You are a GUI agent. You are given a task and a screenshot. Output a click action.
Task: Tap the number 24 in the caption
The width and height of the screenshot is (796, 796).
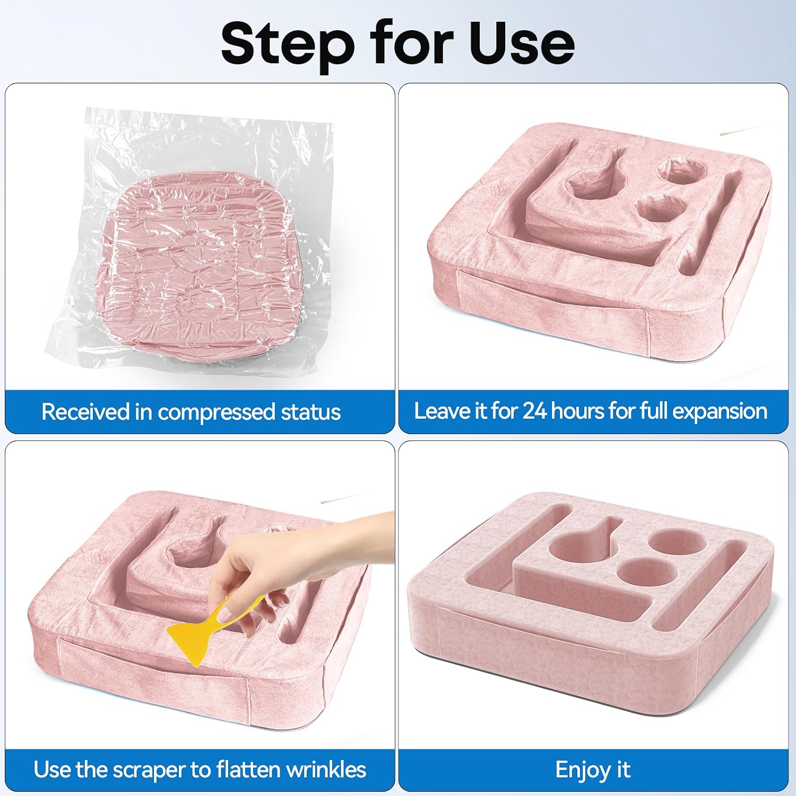pyautogui.click(x=535, y=411)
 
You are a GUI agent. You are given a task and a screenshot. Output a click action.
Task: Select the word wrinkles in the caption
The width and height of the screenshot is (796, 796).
pyautogui.click(x=323, y=769)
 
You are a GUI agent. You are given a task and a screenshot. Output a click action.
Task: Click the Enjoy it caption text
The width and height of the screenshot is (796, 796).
pyautogui.click(x=593, y=770)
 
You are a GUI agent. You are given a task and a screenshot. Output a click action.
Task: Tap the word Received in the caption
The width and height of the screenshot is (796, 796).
pyautogui.click(x=85, y=412)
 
